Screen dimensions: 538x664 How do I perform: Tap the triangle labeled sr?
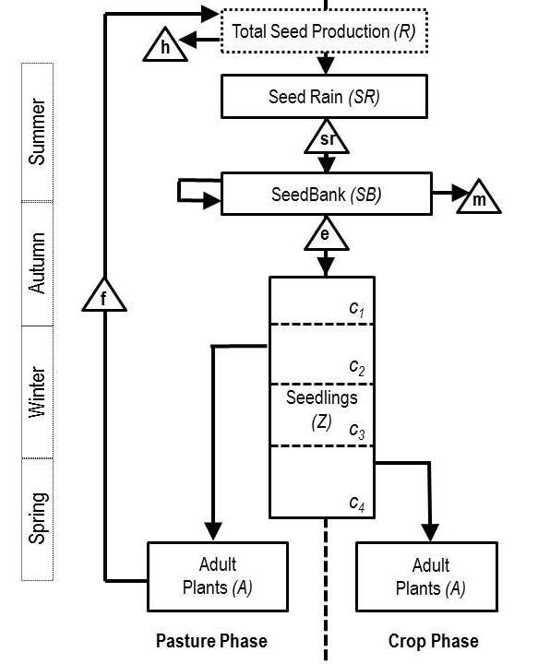[x=327, y=136]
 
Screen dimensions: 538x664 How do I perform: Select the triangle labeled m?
[x=479, y=197]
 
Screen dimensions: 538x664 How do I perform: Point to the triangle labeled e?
[x=326, y=234]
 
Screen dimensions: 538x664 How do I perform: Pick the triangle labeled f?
[x=104, y=296]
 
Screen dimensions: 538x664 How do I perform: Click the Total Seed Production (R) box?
[x=324, y=31]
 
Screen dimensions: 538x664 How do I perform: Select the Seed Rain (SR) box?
[x=324, y=97]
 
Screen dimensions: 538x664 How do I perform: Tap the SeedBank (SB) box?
[x=326, y=194]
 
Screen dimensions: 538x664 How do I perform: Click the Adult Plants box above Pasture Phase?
[x=218, y=576]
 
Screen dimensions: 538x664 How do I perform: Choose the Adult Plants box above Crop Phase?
[x=426, y=576]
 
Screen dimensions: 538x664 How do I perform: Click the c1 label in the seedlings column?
[x=357, y=309]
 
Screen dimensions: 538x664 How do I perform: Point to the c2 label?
[x=357, y=367]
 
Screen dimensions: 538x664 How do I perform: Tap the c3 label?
[x=357, y=431]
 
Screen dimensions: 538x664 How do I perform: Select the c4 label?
[x=357, y=504]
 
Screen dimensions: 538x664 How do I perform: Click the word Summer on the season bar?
[x=37, y=132]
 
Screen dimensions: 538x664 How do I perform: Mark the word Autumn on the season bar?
[x=37, y=263]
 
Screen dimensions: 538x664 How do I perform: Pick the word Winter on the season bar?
[x=37, y=392]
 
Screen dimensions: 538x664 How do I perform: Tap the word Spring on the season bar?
[x=38, y=518]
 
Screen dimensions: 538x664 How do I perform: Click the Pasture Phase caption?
[x=211, y=641]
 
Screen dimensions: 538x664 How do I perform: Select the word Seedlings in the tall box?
[x=321, y=398]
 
